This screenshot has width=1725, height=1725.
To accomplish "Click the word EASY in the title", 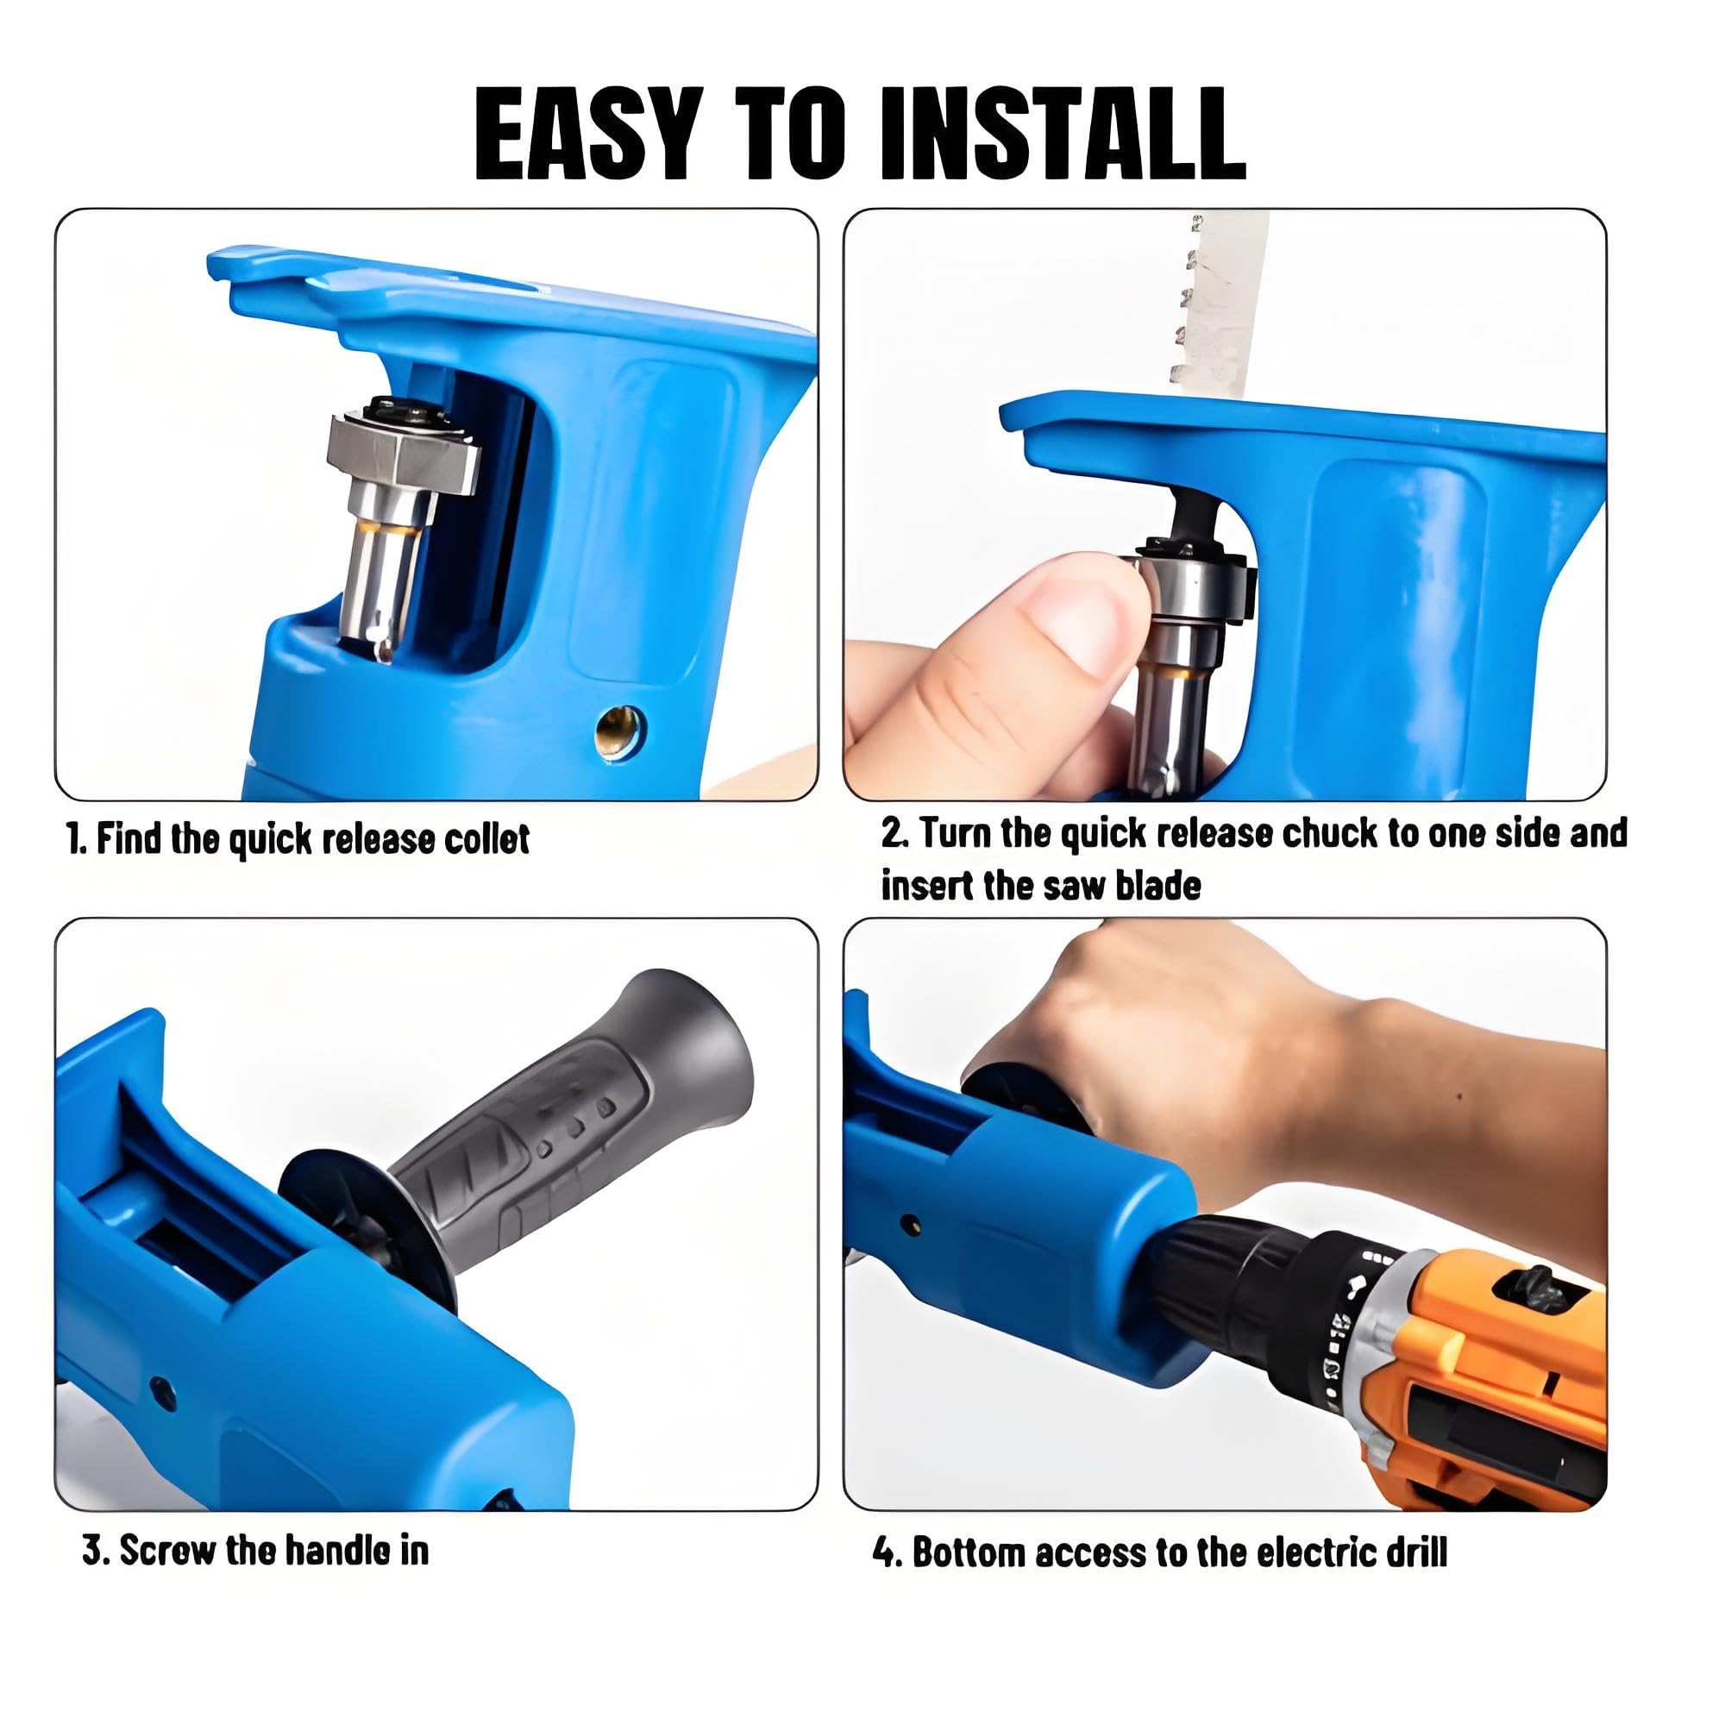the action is (586, 134).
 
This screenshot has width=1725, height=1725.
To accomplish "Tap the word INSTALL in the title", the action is (1062, 134).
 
